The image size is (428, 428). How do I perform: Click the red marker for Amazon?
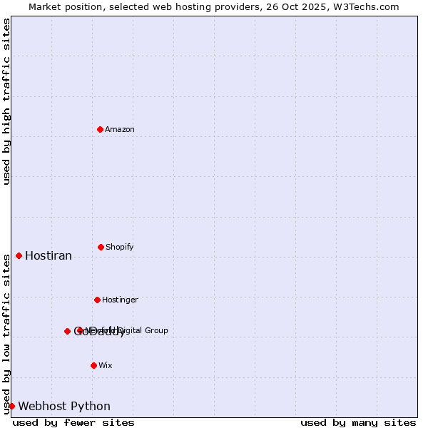100,129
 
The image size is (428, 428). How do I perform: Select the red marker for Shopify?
101,247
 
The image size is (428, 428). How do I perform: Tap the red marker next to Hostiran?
19,255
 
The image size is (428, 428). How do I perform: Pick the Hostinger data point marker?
97,300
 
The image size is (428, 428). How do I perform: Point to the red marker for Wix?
93,365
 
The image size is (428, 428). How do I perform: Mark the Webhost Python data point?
11,406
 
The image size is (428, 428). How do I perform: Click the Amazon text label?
120,129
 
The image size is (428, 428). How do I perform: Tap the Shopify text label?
120,247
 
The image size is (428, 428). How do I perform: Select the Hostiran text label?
49,255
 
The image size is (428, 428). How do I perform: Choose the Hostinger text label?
120,300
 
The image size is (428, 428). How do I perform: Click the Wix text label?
106,365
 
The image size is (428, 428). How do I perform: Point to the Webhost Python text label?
64,406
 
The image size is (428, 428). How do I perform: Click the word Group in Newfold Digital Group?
157,330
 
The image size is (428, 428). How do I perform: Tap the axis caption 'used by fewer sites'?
73,423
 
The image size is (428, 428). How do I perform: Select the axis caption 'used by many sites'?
358,423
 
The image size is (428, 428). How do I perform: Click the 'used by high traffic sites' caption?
6,101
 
